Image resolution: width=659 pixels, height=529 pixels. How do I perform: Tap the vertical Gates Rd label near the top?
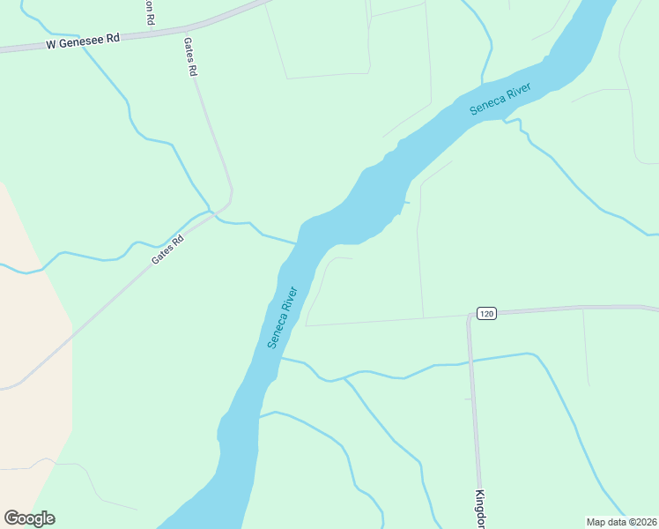tap(189, 57)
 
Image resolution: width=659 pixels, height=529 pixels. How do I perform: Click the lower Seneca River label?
tap(284, 317)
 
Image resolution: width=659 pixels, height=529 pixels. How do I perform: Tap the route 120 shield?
tap(487, 313)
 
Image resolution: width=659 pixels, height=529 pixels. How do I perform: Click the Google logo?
tap(29, 518)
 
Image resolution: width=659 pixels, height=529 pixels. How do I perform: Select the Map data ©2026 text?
tap(621, 522)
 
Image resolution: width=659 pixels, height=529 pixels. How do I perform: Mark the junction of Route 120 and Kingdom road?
tap(470, 315)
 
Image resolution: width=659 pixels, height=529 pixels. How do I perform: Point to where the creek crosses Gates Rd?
tap(211, 212)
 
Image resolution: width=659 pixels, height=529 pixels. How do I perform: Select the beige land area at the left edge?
tap(31, 353)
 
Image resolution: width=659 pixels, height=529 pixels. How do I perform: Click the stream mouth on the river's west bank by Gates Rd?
tap(298, 242)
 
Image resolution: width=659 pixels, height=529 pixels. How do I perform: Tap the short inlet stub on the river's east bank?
tap(406, 204)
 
